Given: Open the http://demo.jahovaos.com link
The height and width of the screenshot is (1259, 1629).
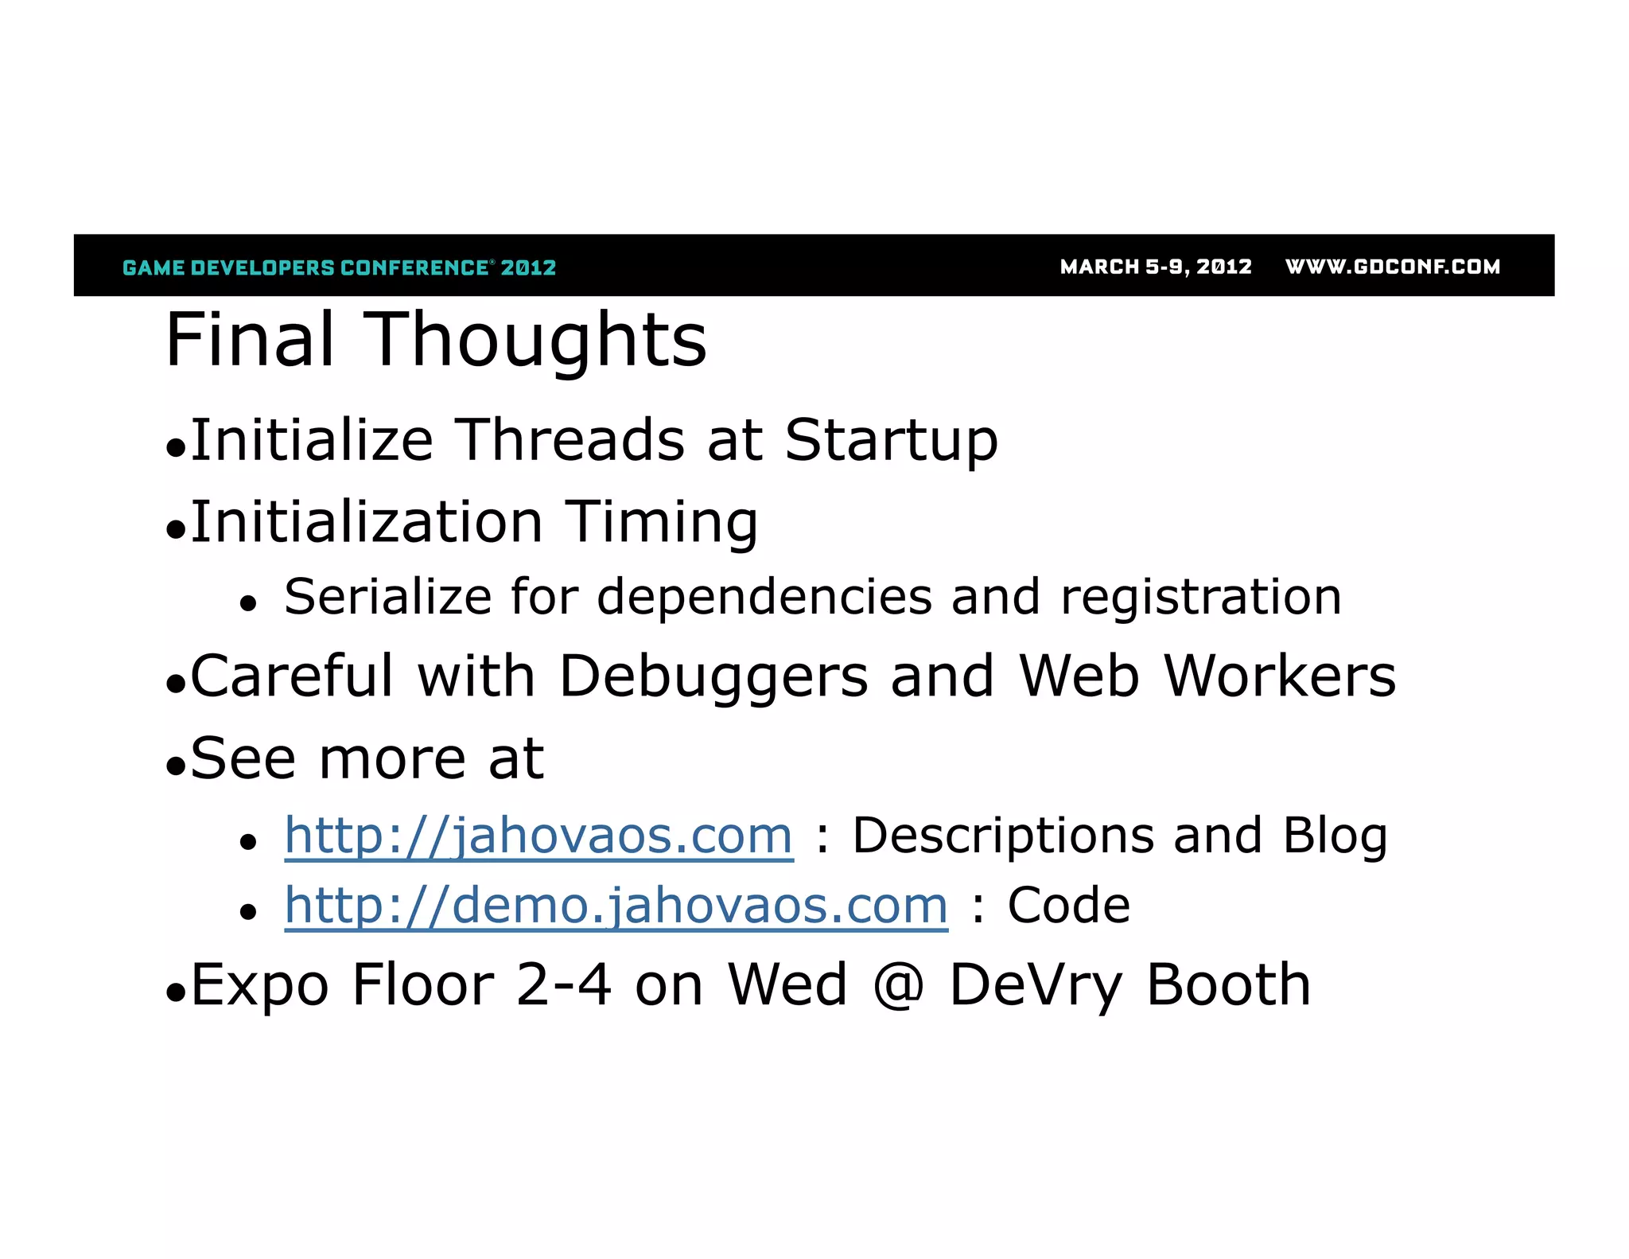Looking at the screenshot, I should [616, 906].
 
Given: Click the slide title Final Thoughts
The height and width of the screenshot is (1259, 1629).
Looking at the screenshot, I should [436, 340].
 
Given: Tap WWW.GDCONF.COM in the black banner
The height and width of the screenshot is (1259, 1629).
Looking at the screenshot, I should [1392, 267].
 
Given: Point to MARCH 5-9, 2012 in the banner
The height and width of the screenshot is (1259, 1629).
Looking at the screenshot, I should [1156, 267].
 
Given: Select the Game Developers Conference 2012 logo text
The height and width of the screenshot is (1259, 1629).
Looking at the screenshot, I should [340, 267].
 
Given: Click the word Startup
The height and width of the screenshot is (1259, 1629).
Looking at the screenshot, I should [891, 441].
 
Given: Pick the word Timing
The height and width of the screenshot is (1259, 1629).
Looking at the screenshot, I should [661, 523].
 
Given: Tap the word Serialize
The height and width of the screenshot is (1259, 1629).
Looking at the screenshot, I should [388, 597].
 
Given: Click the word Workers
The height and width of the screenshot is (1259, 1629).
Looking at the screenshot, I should [1279, 676].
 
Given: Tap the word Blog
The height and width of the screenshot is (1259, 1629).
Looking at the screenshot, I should [1335, 836].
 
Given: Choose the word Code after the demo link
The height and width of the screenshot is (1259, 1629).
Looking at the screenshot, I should [1068, 906].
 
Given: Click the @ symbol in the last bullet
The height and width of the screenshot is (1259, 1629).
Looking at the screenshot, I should [898, 986].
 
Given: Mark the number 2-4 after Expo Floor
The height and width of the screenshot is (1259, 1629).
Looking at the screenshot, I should [563, 985].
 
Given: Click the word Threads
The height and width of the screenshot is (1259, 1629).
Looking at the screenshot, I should [570, 440].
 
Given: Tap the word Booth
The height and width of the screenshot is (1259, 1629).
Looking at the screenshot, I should [1228, 985].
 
